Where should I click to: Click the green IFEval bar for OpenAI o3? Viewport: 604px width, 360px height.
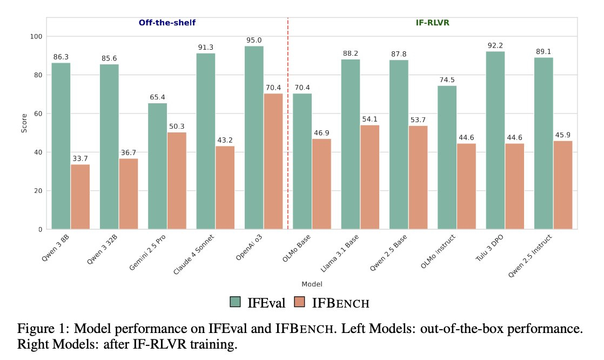pos(254,138)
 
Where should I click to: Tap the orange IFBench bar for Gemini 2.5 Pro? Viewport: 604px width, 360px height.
pos(177,181)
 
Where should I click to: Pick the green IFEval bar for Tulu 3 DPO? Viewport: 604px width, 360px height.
pos(495,141)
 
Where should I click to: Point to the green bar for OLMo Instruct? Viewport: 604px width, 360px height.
pos(447,157)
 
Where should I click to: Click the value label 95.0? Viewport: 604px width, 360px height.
pos(254,40)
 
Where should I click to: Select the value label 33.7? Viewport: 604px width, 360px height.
pos(80,158)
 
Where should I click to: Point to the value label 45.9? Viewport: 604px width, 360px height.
pos(562,135)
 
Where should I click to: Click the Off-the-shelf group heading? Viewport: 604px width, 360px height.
pos(167,23)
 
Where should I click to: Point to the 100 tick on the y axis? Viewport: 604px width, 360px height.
pos(37,36)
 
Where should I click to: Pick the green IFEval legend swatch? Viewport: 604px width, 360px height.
pos(236,303)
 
